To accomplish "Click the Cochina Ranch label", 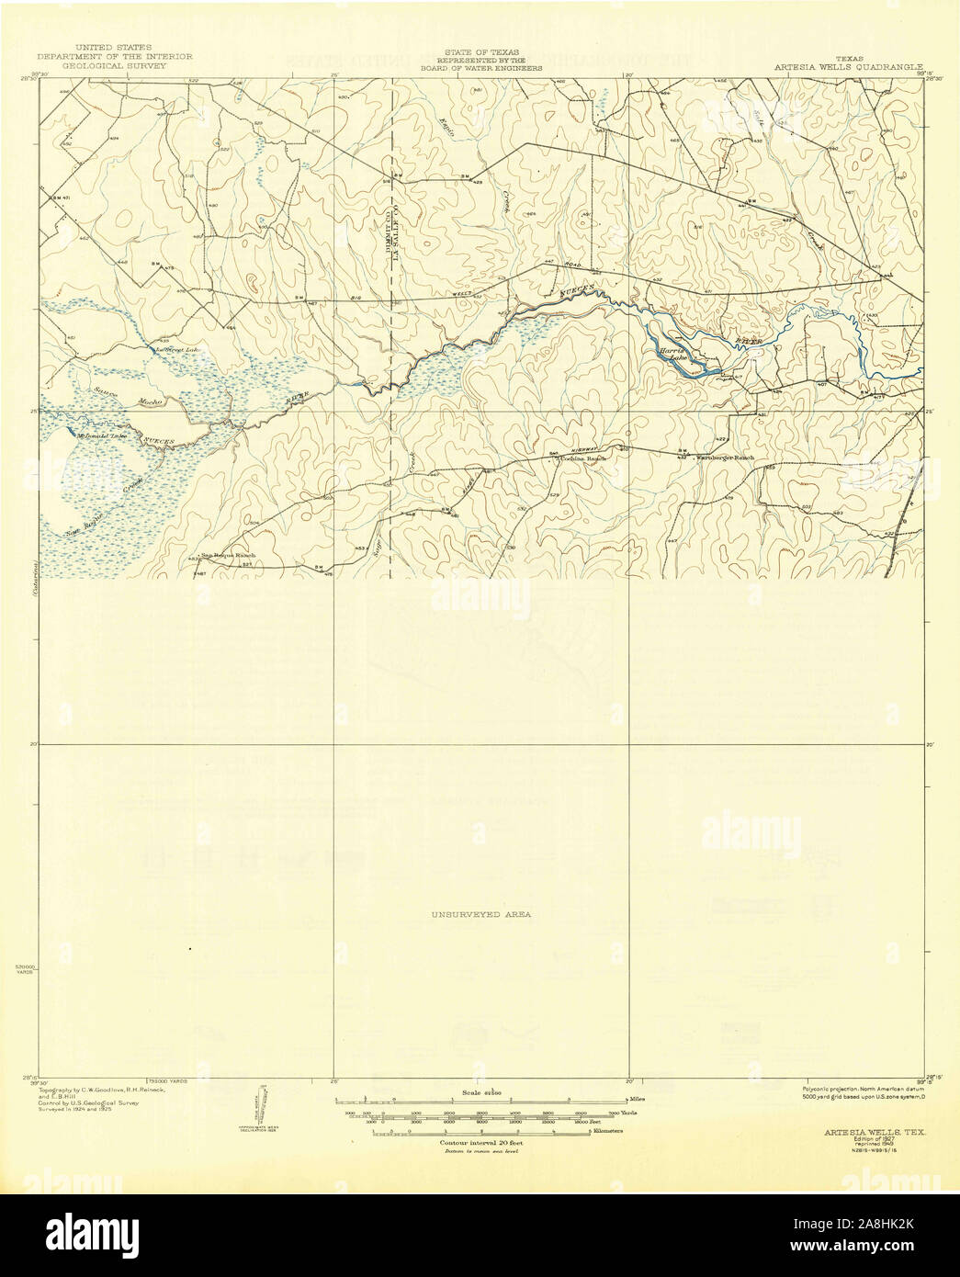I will tap(584, 457).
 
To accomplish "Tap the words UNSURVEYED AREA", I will tap(480, 914).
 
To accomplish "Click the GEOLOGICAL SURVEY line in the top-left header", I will tap(115, 67).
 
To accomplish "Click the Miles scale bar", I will tap(481, 1100).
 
